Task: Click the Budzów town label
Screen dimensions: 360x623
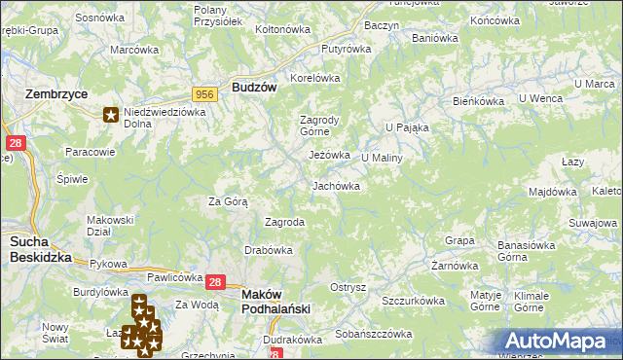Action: click(x=255, y=87)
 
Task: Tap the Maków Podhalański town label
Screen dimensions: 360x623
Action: click(x=275, y=301)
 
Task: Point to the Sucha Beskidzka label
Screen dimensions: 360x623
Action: click(x=41, y=249)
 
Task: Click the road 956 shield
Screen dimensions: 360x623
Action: click(x=204, y=93)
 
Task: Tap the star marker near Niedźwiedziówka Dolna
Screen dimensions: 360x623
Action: click(x=111, y=116)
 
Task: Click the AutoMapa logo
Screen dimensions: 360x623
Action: click(x=561, y=341)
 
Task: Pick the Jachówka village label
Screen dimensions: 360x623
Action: click(x=336, y=185)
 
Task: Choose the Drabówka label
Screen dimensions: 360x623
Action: click(x=269, y=250)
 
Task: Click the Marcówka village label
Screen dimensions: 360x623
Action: click(x=134, y=50)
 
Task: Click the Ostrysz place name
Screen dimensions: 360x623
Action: click(x=348, y=287)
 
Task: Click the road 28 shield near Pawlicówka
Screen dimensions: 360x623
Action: click(x=216, y=281)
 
